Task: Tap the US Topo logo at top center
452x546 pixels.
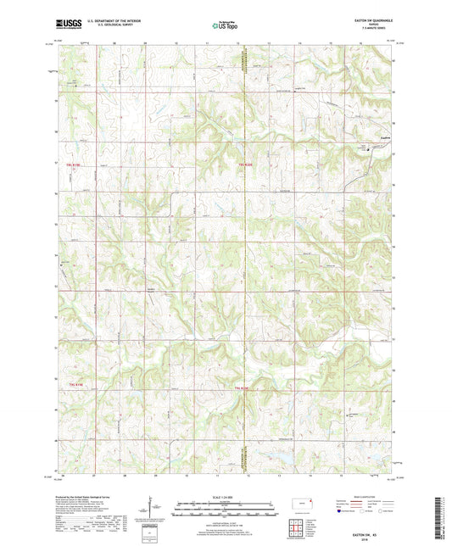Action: [x=225, y=27]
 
